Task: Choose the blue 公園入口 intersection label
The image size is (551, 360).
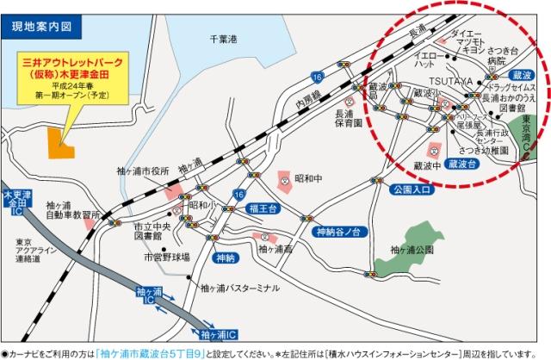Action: (x=409, y=189)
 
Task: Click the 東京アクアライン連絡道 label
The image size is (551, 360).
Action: (x=28, y=251)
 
